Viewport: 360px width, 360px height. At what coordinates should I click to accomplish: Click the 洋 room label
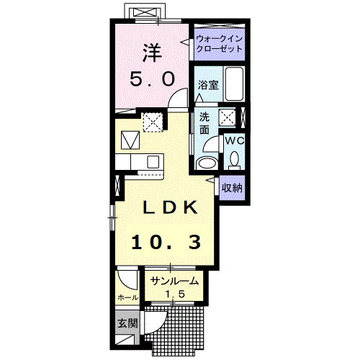(152, 53)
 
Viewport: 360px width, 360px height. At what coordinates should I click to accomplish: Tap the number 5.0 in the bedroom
(152, 78)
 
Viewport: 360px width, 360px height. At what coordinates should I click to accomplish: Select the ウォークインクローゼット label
(220, 44)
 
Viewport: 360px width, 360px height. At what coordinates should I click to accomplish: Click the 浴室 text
(208, 85)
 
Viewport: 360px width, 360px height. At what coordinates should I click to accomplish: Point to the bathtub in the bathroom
(234, 84)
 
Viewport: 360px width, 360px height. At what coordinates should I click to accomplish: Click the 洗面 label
(204, 123)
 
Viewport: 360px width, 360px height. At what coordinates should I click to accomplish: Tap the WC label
(235, 141)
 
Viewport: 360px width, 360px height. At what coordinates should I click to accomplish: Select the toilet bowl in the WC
(234, 159)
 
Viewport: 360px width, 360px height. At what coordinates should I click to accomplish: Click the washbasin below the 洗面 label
(206, 163)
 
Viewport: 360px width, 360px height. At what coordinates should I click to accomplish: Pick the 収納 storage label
(232, 188)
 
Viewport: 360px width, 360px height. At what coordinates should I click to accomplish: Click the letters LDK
(170, 207)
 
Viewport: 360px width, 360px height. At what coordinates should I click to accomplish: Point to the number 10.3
(166, 242)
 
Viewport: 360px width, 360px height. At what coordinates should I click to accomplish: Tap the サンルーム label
(174, 281)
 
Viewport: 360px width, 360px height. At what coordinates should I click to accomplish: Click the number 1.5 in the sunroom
(175, 294)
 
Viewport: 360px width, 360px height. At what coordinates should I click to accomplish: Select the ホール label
(128, 297)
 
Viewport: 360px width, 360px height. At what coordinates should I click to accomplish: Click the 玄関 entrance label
(127, 323)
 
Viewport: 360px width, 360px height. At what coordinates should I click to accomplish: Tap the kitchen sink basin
(153, 161)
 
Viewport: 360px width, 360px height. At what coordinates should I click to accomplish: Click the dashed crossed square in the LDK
(153, 122)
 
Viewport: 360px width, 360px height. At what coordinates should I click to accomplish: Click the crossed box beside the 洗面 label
(228, 117)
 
